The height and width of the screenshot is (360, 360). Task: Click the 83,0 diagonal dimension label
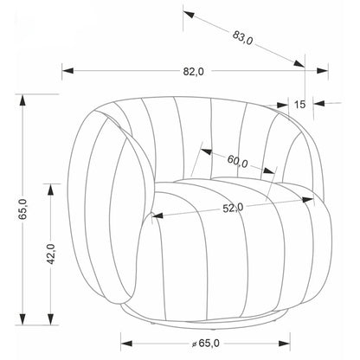pyautogui.click(x=242, y=37)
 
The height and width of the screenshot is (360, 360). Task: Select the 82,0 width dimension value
pyautogui.click(x=193, y=71)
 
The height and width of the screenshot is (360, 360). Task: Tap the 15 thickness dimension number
pyautogui.click(x=299, y=104)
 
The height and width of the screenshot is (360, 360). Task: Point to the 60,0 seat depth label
pyautogui.click(x=237, y=161)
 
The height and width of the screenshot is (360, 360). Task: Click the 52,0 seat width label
pyautogui.click(x=233, y=208)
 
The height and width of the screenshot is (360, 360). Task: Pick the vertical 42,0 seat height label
pyautogui.click(x=51, y=254)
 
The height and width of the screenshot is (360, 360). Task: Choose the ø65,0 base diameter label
pyautogui.click(x=206, y=344)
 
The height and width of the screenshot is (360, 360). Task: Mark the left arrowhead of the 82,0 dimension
pyautogui.click(x=68, y=70)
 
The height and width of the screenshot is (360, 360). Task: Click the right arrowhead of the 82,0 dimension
pyautogui.click(x=322, y=71)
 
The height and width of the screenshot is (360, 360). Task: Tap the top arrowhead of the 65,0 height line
pyautogui.click(x=22, y=100)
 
